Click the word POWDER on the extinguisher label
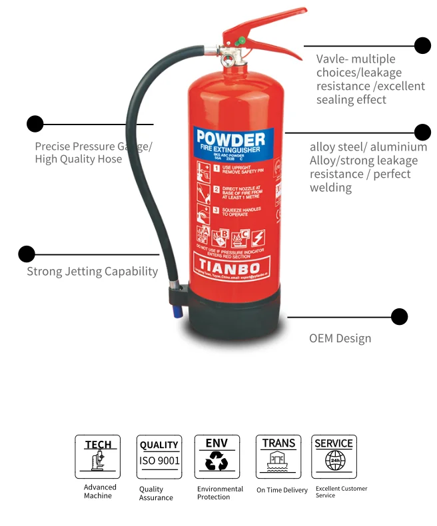[230, 140]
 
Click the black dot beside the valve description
[422, 45]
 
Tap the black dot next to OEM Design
[399, 316]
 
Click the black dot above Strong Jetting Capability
[27, 254]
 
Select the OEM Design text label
[340, 338]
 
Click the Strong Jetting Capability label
[92, 271]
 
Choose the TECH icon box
[98, 457]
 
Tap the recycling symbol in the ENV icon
[217, 461]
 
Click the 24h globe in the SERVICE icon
[334, 461]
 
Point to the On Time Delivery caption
[282, 490]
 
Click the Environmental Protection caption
[220, 493]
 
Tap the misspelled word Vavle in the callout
[330, 59]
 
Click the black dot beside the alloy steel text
[422, 132]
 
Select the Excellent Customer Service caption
[341, 492]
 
